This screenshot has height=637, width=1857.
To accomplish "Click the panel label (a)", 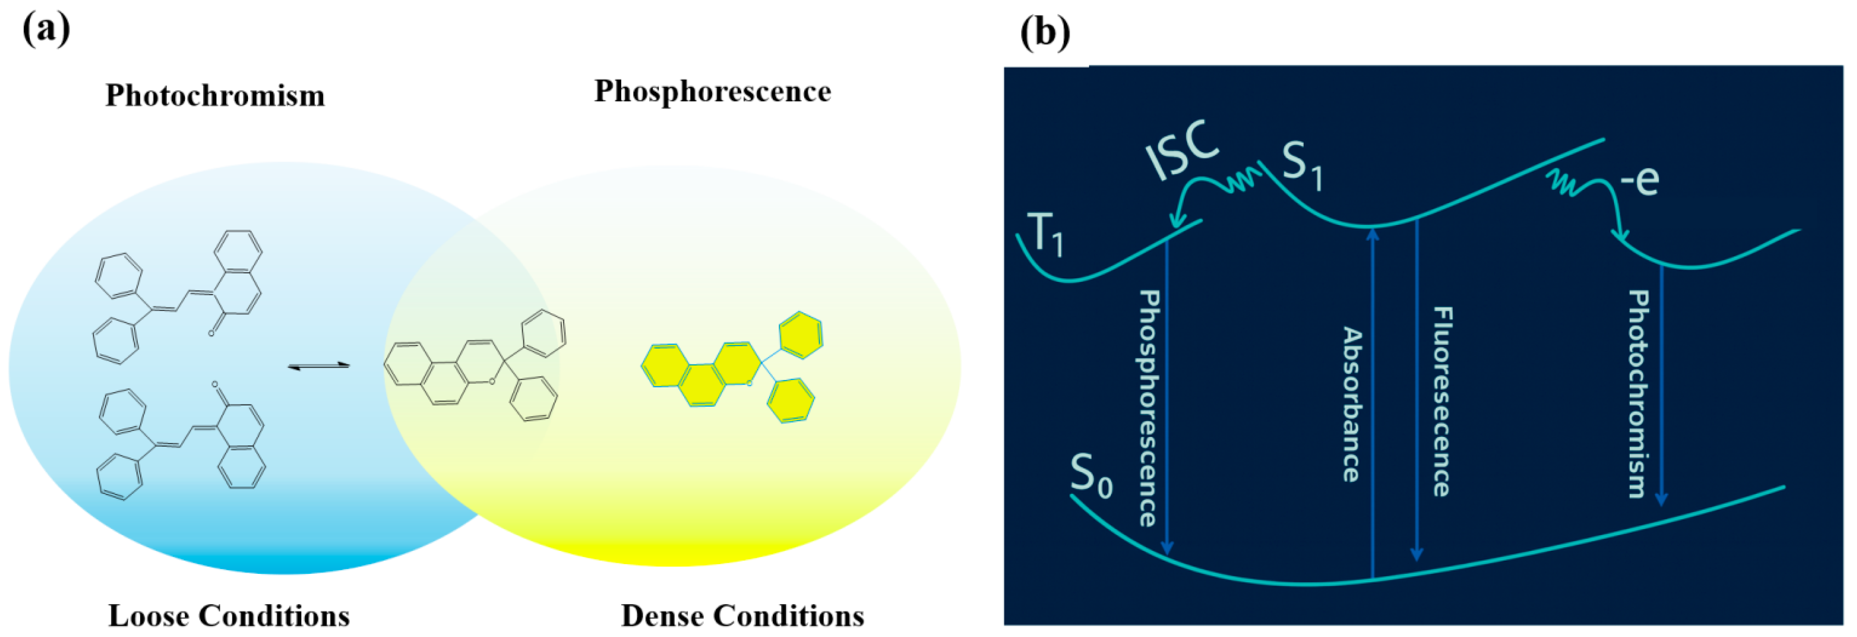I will point(46,30).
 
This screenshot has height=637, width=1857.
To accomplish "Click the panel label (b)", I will point(1045,32).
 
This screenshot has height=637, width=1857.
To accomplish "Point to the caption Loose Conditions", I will point(228,615).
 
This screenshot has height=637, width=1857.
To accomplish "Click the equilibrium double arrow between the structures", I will point(319,366).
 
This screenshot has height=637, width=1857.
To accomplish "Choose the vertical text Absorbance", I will point(1352,404).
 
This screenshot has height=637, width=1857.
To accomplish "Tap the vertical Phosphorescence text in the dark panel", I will point(1149,408).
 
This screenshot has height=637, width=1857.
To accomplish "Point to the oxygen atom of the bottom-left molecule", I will point(215,385).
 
